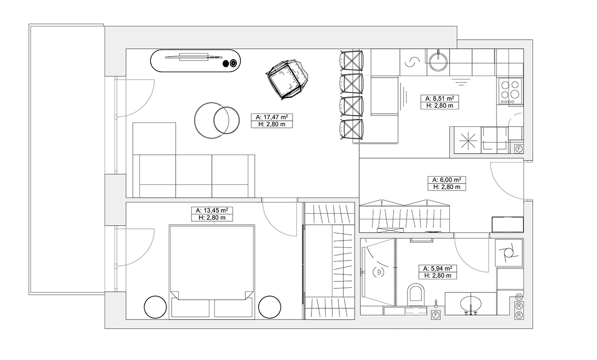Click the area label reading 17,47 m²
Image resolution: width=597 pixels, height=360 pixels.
pos(272,117)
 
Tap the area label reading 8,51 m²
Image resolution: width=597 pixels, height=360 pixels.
pos(440,98)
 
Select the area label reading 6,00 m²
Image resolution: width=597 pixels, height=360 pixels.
pos(447,180)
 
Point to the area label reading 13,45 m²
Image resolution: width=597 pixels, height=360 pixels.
pos(212,210)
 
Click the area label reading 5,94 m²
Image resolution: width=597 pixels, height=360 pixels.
pos(438,268)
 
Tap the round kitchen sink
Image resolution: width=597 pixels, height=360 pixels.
pos(438,62)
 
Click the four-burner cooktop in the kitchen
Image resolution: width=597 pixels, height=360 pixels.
pos(510,91)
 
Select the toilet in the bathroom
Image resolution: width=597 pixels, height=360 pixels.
pos(416,295)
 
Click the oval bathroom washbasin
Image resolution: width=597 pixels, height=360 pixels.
pos(471,303)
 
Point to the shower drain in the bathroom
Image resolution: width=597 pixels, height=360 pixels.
pos(378,272)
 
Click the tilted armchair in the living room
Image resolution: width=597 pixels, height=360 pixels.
pos(288,79)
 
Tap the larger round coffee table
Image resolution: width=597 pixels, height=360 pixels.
pos(211,120)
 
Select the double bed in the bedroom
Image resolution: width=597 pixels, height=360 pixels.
pos(212,272)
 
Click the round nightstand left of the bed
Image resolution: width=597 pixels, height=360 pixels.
pos(155,307)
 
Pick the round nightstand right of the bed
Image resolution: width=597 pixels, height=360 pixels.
pos(270,307)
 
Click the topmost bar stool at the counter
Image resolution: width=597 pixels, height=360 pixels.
pos(352,61)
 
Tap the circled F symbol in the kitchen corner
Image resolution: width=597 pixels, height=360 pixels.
pos(518,149)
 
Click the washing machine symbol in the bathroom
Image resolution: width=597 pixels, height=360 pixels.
pos(509,253)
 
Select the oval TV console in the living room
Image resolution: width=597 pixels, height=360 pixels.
pos(196,61)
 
